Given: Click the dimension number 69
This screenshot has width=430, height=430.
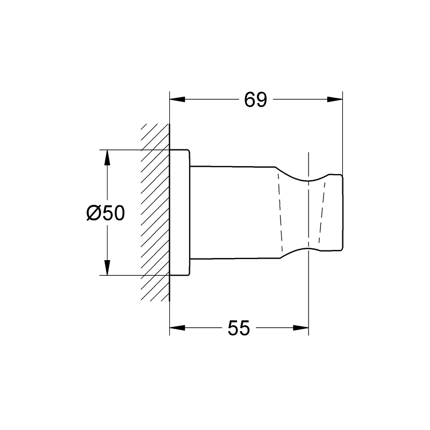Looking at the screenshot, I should click(x=255, y=99).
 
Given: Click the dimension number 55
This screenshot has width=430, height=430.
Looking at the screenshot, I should click(x=239, y=328).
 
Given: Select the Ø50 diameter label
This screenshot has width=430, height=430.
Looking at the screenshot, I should click(x=105, y=213).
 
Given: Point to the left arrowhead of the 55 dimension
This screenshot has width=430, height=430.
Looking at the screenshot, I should click(x=177, y=327).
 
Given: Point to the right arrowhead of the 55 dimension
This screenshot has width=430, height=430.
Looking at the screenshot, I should click(x=302, y=327).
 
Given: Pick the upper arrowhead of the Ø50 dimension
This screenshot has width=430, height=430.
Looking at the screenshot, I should click(x=107, y=157).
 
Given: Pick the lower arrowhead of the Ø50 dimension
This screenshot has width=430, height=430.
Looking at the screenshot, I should click(x=107, y=268).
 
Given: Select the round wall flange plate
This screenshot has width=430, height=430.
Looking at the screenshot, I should click(x=180, y=212).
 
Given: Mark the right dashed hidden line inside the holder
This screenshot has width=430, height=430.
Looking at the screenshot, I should click(x=322, y=212).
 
